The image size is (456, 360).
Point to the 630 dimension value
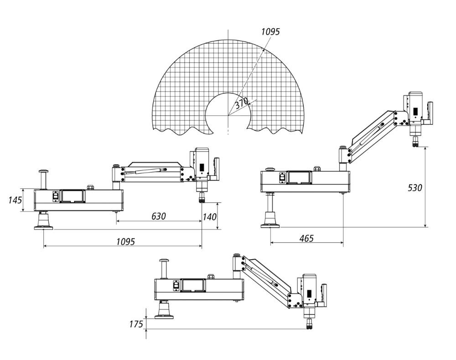pos(158,215)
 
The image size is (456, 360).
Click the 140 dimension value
pos(209,217)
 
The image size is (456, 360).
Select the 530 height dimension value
pos(415,187)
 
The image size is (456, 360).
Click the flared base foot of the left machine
pos(43,222)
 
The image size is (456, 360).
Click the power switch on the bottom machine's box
pos(175,285)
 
